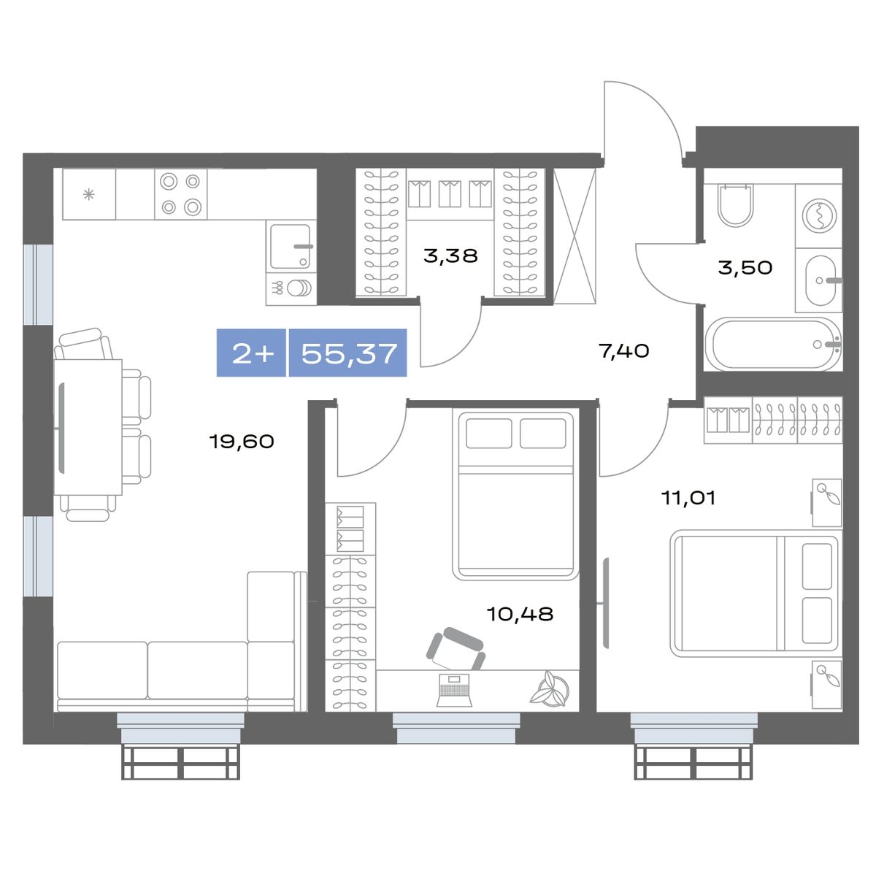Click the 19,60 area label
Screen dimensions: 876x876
[242, 441]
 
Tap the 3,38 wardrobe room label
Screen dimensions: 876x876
[450, 256]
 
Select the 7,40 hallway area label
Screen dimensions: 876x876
[624, 351]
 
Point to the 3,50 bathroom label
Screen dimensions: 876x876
[745, 267]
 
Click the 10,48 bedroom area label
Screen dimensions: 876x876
[520, 614]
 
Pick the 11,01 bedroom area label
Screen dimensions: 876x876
[688, 499]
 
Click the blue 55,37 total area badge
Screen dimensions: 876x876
[348, 353]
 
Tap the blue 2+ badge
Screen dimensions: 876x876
[251, 353]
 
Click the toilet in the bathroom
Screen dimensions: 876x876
[736, 204]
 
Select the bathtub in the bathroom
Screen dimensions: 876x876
[772, 345]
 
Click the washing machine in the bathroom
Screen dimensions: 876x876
[819, 215]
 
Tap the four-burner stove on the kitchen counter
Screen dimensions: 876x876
[180, 194]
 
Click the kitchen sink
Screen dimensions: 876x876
[291, 247]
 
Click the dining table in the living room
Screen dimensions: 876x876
[88, 427]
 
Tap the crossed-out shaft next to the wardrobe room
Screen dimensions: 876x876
[575, 236]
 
